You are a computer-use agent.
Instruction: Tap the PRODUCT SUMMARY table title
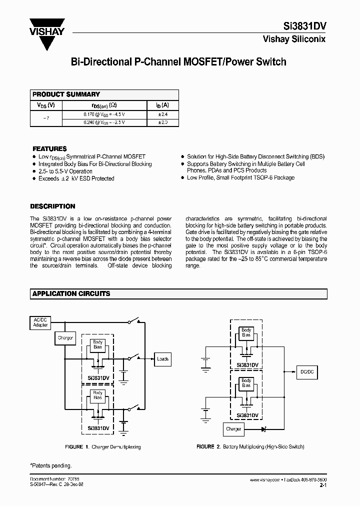66,94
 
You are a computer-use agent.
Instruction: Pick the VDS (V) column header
46,105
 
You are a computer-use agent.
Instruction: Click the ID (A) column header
162,105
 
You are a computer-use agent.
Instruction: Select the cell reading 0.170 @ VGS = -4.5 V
104,114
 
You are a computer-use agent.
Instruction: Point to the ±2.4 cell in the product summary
162,114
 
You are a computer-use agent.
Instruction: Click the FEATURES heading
49,149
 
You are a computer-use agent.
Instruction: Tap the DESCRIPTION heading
52,206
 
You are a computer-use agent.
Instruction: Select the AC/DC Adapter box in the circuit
40,322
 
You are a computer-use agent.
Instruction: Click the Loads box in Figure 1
163,359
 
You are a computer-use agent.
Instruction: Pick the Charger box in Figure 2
233,429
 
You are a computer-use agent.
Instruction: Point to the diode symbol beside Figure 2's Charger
263,429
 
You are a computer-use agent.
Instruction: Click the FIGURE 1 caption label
76,446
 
